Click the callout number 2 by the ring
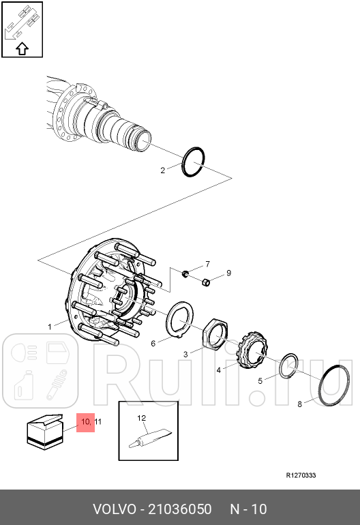click(x=163, y=170)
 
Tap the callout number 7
click(x=208, y=264)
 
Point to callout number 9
click(x=228, y=273)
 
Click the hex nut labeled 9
click(x=206, y=282)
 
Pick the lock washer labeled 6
click(x=169, y=321)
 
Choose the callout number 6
click(x=153, y=344)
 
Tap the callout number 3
click(x=185, y=355)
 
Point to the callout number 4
click(x=219, y=370)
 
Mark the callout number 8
click(x=300, y=404)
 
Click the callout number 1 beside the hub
click(x=50, y=327)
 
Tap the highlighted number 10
click(x=85, y=421)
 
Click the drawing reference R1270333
click(x=301, y=475)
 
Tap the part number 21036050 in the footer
click(x=179, y=509)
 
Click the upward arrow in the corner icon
click(x=22, y=48)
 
